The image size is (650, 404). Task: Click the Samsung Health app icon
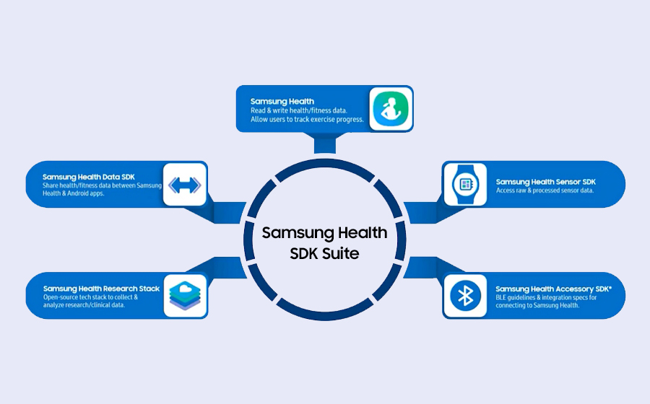tap(391, 109)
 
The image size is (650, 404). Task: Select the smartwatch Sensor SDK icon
tap(464, 185)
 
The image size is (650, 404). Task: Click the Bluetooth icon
tap(464, 295)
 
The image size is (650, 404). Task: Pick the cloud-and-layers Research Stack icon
tap(185, 295)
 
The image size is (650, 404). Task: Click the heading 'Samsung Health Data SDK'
tap(89, 177)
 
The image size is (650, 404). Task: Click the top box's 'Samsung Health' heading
tap(282, 102)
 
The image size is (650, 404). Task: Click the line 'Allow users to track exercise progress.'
tap(307, 119)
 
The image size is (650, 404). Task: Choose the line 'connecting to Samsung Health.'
tap(538, 305)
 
